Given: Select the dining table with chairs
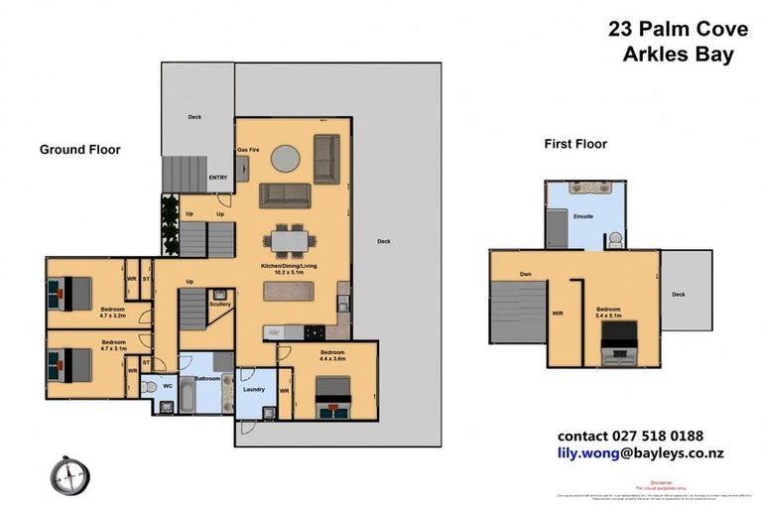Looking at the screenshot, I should coord(290,240).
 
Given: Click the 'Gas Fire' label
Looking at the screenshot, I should coord(248,150).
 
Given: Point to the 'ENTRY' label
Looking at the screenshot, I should coord(218,178).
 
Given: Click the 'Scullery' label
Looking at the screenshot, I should coord(220,305).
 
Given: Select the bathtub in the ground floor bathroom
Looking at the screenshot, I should coord(189,399).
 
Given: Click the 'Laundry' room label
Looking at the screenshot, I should coord(254,389).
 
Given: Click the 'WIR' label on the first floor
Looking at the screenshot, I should coord(558,314).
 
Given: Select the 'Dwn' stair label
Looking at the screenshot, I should coord(526,274).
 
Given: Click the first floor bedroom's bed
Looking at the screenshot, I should coord(616,346).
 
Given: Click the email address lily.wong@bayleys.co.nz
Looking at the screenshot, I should coord(640,452).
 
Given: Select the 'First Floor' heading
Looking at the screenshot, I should coord(574,144).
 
